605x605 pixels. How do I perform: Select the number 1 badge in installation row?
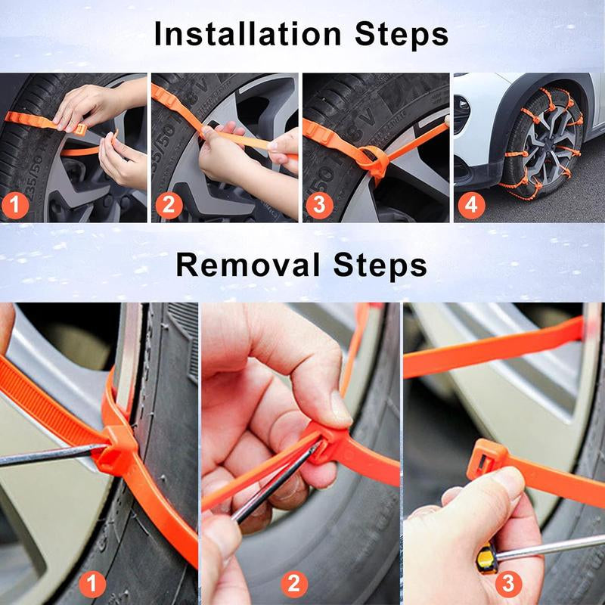[x=17, y=205]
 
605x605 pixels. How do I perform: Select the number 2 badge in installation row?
[x=169, y=205]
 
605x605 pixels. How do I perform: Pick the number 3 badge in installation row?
[x=320, y=205]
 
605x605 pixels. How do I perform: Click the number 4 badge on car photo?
[x=471, y=205]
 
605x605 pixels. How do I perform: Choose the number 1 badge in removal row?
[x=93, y=583]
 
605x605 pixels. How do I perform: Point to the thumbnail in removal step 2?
[x=339, y=408]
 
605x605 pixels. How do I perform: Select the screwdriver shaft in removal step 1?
[x=45, y=455]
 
